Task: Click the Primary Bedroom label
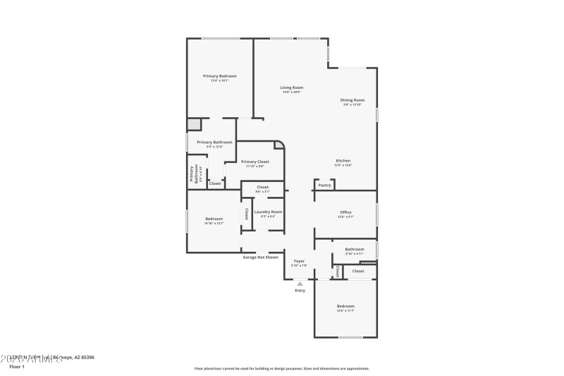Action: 219,75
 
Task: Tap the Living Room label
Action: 291,87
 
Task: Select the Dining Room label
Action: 352,100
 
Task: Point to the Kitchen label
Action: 343,161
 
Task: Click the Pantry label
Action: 324,186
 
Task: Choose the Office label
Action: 345,212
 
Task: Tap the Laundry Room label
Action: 268,212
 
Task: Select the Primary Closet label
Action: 255,162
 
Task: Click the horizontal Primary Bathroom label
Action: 214,142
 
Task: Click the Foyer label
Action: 300,260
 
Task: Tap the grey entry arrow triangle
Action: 300,284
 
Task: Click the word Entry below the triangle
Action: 300,291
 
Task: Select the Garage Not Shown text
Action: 260,257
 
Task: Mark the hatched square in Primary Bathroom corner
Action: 193,125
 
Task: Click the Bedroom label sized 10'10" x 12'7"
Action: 214,219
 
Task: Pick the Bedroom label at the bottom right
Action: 345,306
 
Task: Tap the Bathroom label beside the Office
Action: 355,249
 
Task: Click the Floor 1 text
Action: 17,367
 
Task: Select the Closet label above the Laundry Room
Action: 262,187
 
